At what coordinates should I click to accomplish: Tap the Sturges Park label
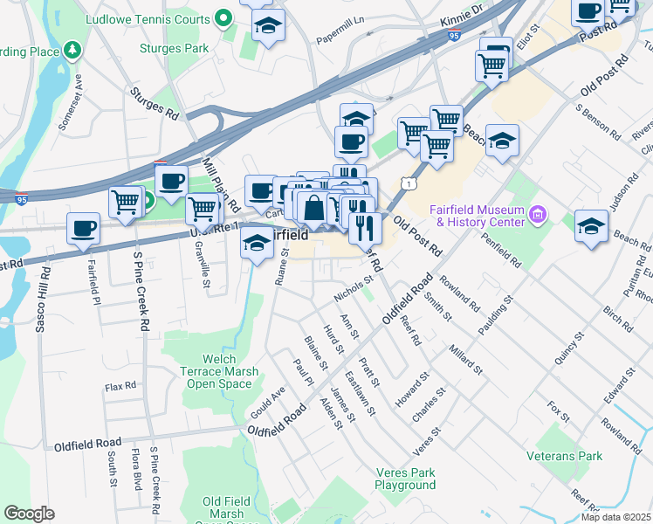(x=175, y=48)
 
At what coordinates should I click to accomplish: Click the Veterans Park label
(x=565, y=456)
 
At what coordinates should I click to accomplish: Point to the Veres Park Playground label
(x=405, y=478)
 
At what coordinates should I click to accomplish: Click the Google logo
(x=29, y=514)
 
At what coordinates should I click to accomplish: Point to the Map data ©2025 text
(x=616, y=517)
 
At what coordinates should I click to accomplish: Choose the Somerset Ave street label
(x=71, y=101)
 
